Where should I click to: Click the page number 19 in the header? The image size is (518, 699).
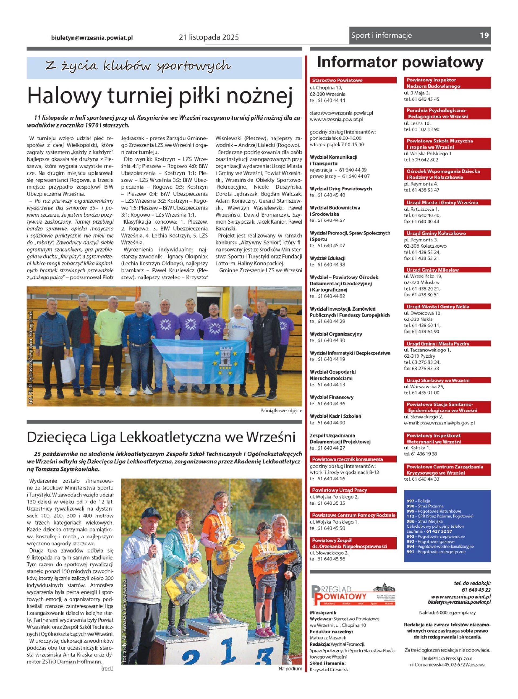point(484,35)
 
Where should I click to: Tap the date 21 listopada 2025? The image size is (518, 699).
point(209,37)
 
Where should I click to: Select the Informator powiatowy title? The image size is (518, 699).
point(400,63)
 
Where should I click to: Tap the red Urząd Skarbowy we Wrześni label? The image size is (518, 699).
point(438,380)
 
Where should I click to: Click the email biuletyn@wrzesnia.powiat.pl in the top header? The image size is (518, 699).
point(92,37)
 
